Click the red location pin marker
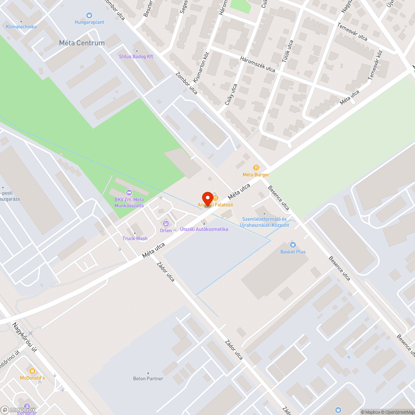pyautogui.click(x=207, y=199)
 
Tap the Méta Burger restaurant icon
pyautogui.click(x=256, y=168)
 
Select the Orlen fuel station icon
pyautogui.click(x=166, y=224)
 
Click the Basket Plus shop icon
pyautogui.click(x=293, y=245)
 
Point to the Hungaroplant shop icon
pyautogui.click(x=89, y=15)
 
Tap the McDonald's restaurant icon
pyautogui.click(x=32, y=371)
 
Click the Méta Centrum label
pyautogui.click(x=82, y=43)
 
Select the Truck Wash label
pyautogui.click(x=135, y=239)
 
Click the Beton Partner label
pyautogui.click(x=148, y=378)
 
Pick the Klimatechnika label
pyautogui.click(x=21, y=27)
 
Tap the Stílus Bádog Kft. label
pyautogui.click(x=137, y=56)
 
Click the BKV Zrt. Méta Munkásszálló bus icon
pyautogui.click(x=129, y=192)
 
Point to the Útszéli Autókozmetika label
pyautogui.click(x=204, y=229)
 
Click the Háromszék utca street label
pyautogui.click(x=258, y=64)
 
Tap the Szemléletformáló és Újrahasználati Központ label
pyautogui.click(x=264, y=222)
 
